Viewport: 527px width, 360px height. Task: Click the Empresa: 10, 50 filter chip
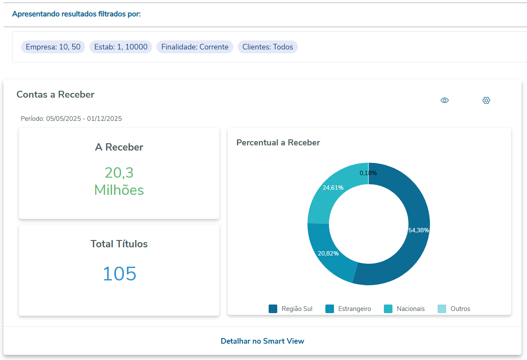(x=53, y=47)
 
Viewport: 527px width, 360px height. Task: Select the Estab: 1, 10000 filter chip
(x=121, y=47)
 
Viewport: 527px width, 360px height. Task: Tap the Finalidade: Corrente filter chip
(x=195, y=47)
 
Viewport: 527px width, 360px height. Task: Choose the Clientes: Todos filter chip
(x=267, y=47)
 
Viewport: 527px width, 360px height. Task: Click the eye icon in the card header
(x=444, y=100)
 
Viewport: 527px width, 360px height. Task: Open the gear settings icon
(x=486, y=100)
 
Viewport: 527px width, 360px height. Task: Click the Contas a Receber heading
(x=55, y=95)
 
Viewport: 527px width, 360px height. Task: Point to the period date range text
(x=71, y=119)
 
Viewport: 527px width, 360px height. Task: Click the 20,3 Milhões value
(x=119, y=181)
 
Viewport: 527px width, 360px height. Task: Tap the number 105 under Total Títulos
(x=119, y=274)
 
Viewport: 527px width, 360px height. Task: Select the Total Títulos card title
(x=119, y=244)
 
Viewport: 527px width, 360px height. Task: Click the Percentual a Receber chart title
(x=278, y=142)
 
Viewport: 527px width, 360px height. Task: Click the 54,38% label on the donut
(x=419, y=230)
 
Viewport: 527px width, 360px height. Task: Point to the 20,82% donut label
(x=328, y=253)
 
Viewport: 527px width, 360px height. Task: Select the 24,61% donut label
(x=333, y=188)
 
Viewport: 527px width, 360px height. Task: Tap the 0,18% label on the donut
(x=368, y=173)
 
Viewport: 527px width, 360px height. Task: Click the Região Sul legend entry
(x=291, y=309)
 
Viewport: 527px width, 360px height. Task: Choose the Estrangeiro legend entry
(x=348, y=309)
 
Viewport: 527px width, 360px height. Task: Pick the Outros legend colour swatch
(x=442, y=309)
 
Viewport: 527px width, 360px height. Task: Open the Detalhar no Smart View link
(x=262, y=341)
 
